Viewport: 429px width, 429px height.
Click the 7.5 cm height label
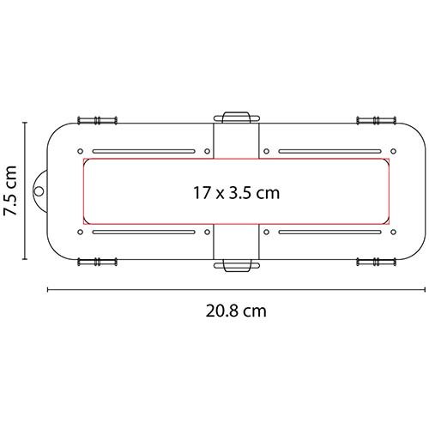[11, 193]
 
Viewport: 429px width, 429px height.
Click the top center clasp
[235, 117]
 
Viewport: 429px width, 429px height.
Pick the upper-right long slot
[327, 151]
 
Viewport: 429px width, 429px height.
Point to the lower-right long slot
[327, 232]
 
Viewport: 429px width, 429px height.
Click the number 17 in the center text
[202, 193]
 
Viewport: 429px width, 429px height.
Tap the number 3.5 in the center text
[239, 193]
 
